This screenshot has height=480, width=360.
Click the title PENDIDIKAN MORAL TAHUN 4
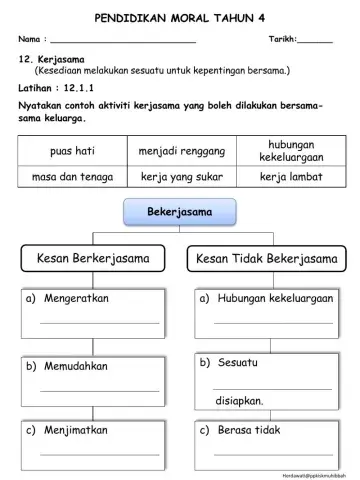[180, 17]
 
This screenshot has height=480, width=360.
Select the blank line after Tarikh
[315, 44]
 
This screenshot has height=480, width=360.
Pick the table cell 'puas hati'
[70, 151]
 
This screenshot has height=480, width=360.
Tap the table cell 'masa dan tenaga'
[70, 178]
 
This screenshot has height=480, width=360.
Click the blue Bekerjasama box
[179, 213]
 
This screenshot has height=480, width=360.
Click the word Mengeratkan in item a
[76, 298]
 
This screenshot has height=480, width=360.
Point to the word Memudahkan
[76, 366]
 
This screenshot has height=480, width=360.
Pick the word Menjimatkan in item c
[76, 430]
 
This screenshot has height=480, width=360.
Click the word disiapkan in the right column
[238, 400]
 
